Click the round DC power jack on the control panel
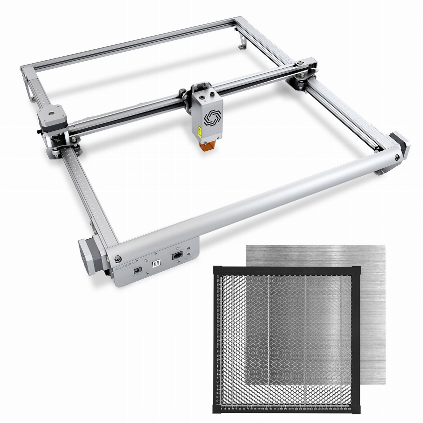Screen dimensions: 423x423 pos(138,269)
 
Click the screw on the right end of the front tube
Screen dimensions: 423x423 pos(396,158)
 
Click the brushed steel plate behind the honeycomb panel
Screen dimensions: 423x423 pos(368,259)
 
